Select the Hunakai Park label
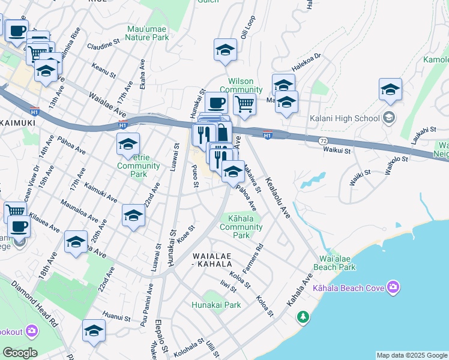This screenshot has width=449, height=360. tap(216, 305)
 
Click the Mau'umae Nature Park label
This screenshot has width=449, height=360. tap(148, 32)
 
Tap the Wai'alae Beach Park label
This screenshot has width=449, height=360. tap(334, 263)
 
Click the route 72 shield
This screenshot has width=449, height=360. tap(323, 140)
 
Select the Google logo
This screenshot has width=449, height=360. tap(20, 352)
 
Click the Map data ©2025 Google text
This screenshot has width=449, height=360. tap(412, 355)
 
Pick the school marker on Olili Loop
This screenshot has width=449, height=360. tap(225, 50)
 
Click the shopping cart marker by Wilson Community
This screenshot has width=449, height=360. tap(244, 104)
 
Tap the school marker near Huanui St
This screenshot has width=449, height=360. tap(94, 330)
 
